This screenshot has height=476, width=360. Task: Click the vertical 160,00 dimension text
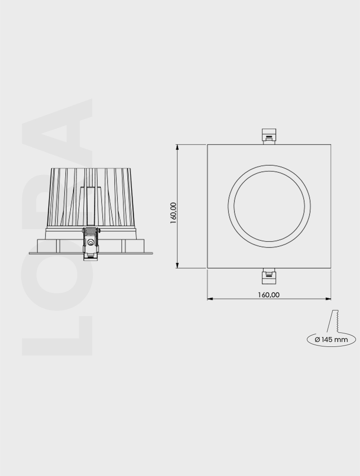coord(174,212)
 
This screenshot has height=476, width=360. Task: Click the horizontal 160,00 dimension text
coord(269,295)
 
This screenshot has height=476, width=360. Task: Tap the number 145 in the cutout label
coord(327,340)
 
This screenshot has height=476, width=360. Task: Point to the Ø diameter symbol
coord(317,340)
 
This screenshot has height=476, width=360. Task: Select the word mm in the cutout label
coord(342,340)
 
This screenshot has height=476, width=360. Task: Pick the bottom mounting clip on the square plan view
coord(269,276)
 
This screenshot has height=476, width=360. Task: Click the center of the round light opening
coord(269,206)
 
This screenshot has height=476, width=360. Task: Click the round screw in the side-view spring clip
coord(91,242)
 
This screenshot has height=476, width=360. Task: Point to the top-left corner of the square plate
coord(207,145)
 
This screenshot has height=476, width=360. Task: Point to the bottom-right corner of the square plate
coord(331,269)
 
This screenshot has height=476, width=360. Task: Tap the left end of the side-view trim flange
coord(30,253)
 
